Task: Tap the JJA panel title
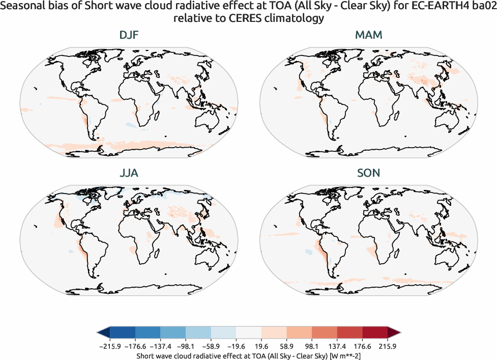click(x=128, y=173)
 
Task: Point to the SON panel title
click(x=368, y=173)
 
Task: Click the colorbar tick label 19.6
click(x=261, y=346)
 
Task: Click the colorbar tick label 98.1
click(x=312, y=346)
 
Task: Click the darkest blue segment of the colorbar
click(x=122, y=333)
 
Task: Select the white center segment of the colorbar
click(x=249, y=333)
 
